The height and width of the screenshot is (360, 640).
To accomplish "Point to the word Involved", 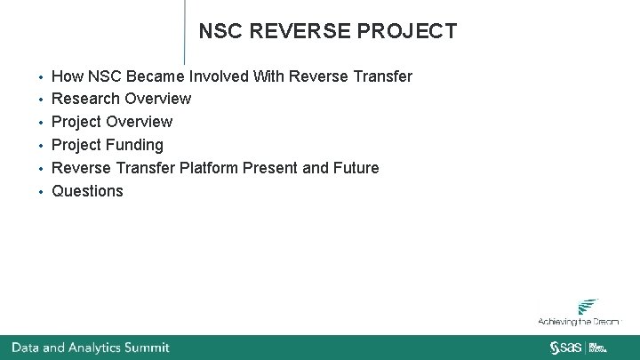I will coord(219,76).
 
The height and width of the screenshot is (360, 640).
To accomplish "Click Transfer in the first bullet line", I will coord(384,76).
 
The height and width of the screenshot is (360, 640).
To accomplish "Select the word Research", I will coord(86,99).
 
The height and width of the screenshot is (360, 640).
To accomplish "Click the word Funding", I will coord(135,145).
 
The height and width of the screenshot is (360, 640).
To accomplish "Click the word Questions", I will coord(87,191).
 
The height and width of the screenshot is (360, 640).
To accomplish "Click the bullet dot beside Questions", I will coord(41,192).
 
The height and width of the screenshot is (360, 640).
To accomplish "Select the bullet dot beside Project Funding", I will coord(41,146).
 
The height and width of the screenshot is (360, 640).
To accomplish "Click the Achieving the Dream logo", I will coord(579,312).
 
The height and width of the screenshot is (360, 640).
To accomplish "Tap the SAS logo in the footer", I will coord(565,347).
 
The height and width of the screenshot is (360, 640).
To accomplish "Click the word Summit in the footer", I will coord(146,348).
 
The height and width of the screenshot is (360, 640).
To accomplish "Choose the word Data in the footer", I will coord(25,348).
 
